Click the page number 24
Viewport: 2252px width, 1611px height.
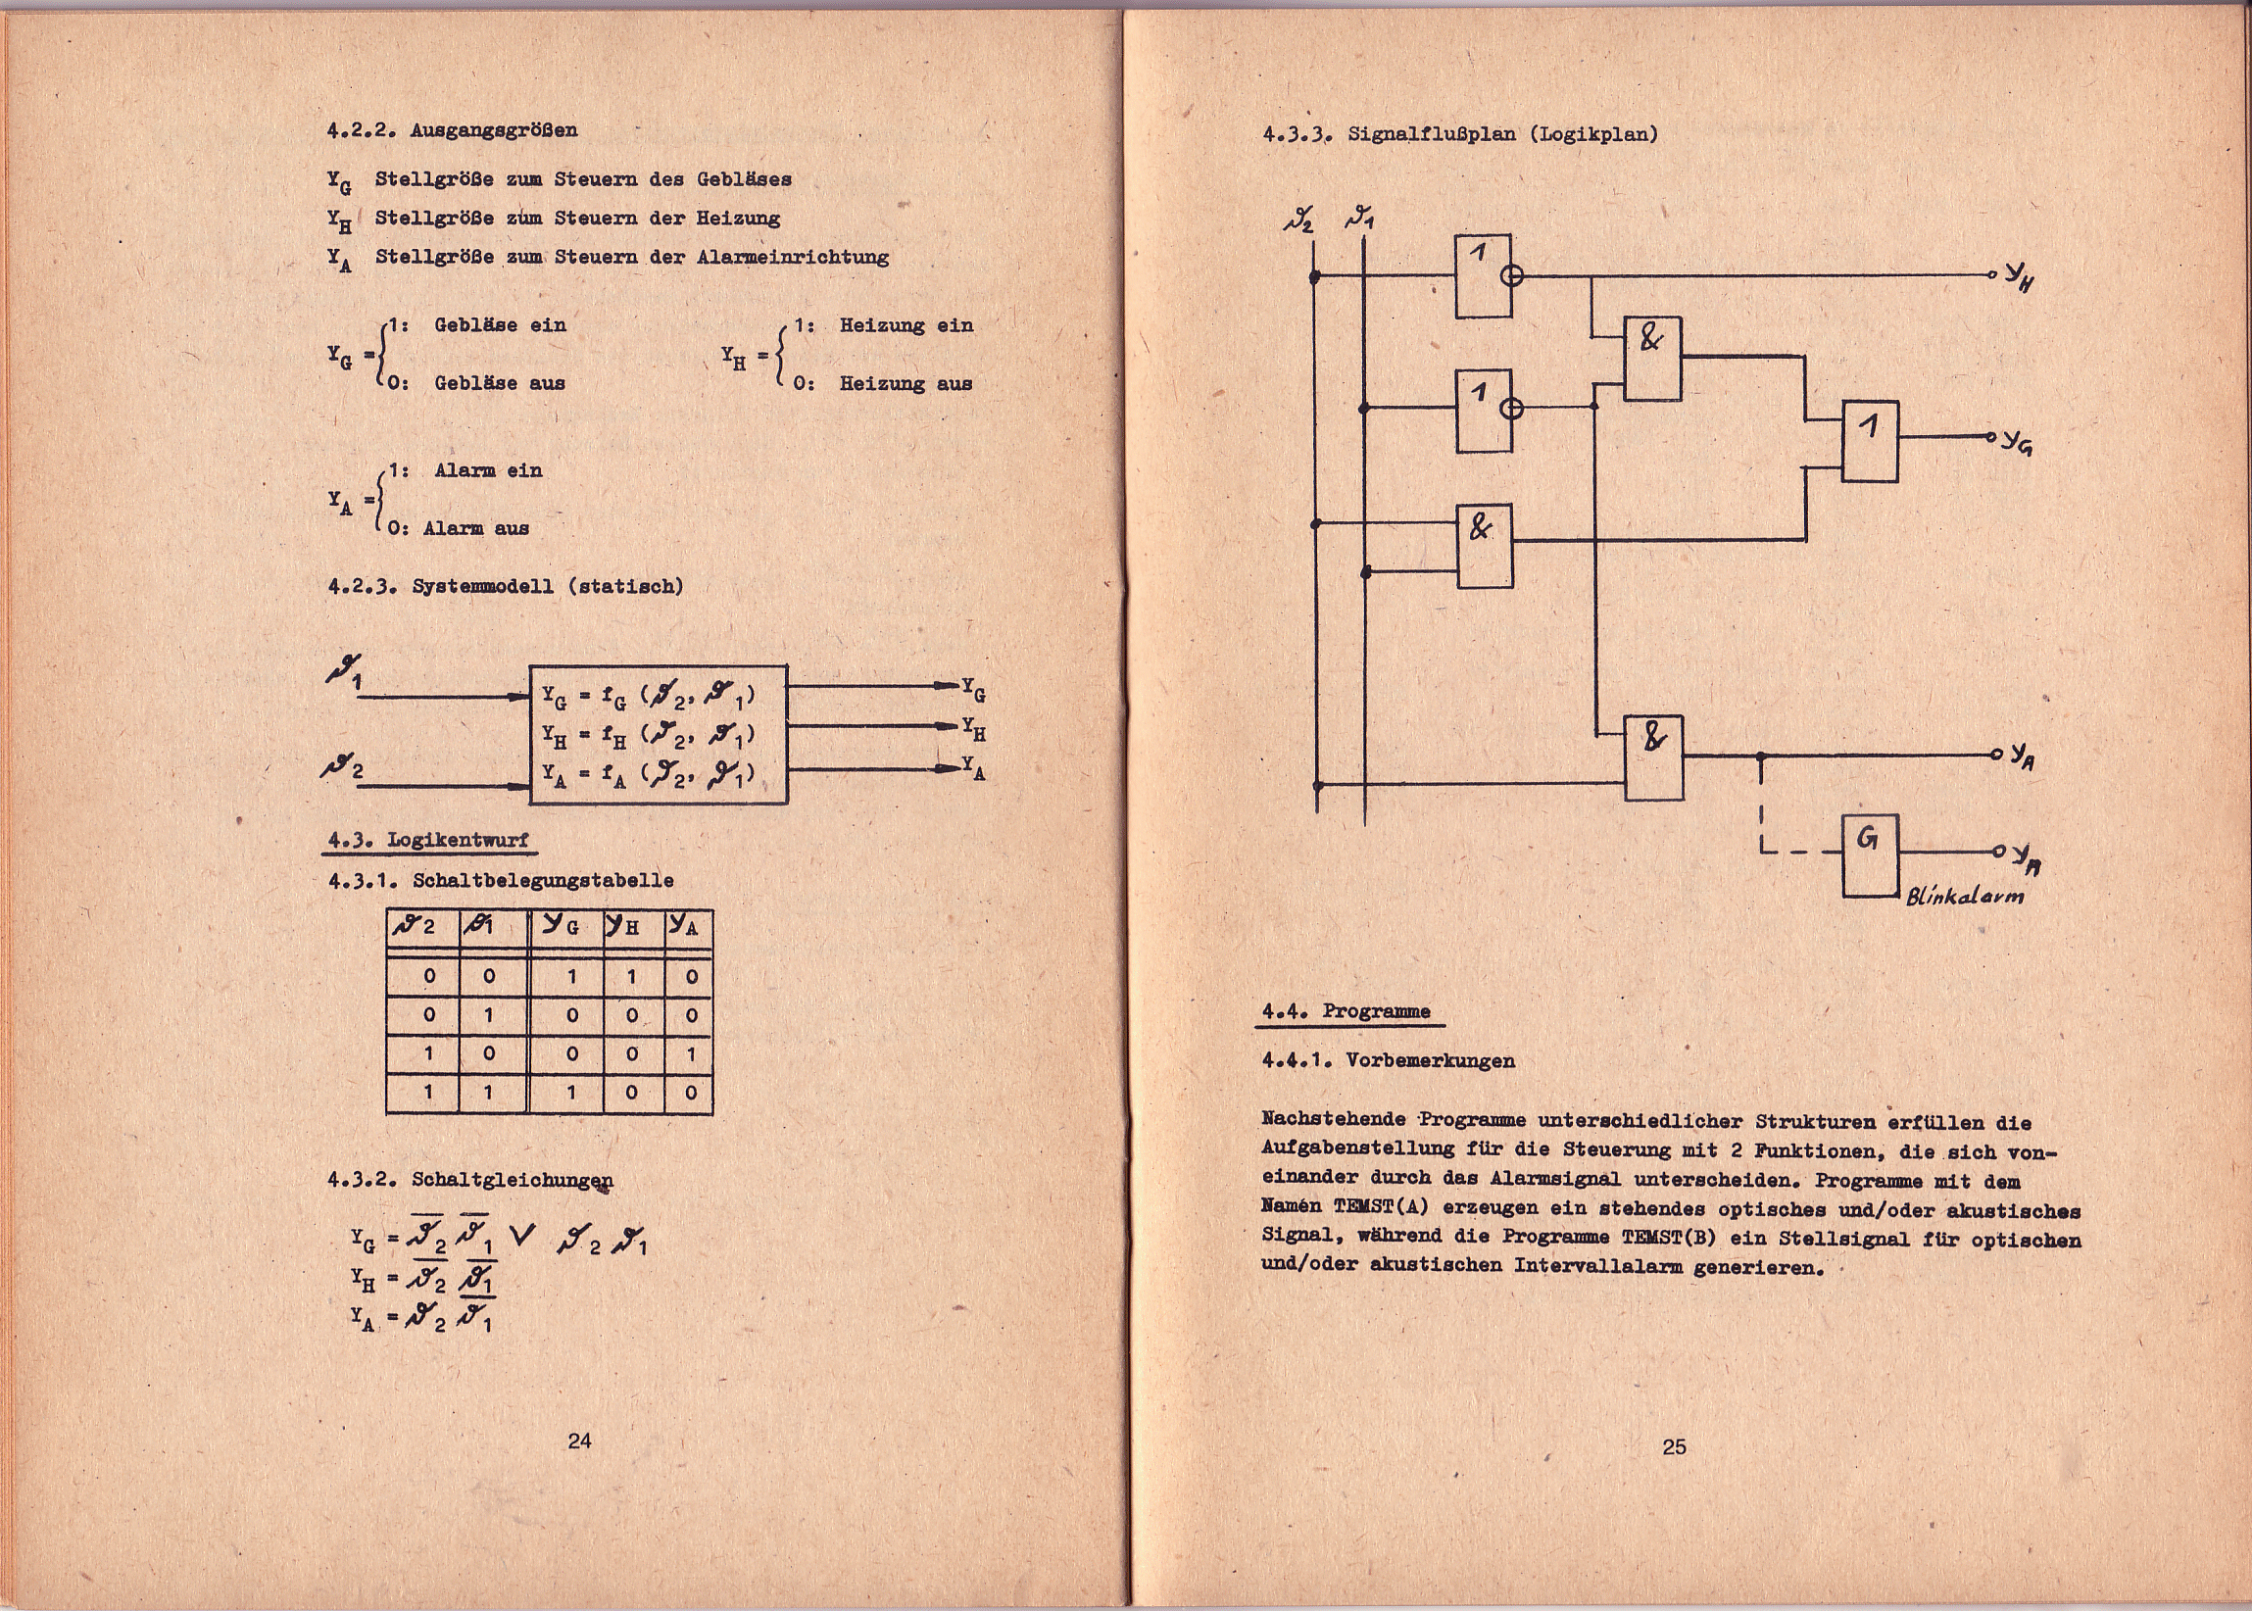click(x=579, y=1440)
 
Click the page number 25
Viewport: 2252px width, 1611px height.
click(x=1674, y=1447)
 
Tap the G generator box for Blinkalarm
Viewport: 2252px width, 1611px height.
click(x=1870, y=855)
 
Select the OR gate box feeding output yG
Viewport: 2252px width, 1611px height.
click(x=1870, y=441)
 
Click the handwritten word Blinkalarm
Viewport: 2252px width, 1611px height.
click(x=1964, y=896)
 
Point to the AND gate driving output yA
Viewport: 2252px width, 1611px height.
click(x=1654, y=757)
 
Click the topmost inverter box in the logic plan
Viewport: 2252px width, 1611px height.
click(x=1483, y=275)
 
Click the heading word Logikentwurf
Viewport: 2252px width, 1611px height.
click(x=458, y=839)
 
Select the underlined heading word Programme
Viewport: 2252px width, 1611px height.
click(x=1376, y=1011)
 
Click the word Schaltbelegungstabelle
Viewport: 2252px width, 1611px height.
click(x=543, y=880)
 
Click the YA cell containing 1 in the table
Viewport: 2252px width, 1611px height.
click(x=691, y=1053)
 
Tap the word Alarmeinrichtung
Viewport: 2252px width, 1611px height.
click(x=792, y=257)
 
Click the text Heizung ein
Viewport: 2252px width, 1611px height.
click(x=906, y=325)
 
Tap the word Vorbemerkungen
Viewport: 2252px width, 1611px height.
click(x=1430, y=1060)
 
